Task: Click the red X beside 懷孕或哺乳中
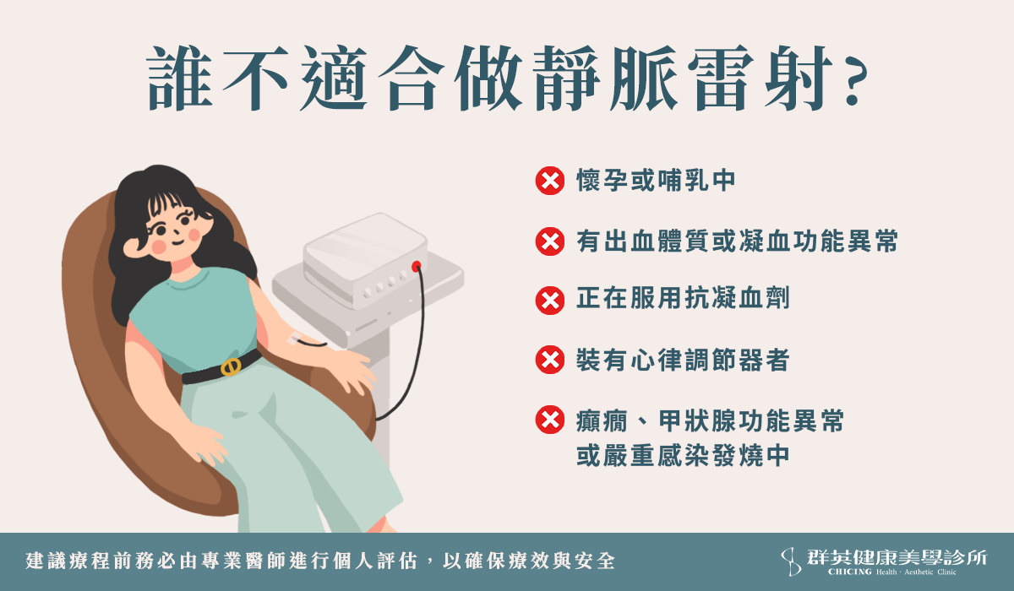click(x=549, y=181)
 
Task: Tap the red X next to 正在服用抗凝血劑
click(x=549, y=301)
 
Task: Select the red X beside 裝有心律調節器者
click(x=549, y=360)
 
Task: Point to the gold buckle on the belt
click(x=231, y=366)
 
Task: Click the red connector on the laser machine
click(x=417, y=266)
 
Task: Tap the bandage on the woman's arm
click(x=294, y=339)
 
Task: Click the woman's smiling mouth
click(x=177, y=243)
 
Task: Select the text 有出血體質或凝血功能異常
click(x=737, y=241)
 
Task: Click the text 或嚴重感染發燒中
click(x=683, y=455)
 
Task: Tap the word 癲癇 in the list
click(x=602, y=421)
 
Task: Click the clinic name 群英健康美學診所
click(x=897, y=557)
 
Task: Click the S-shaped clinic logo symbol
click(x=791, y=561)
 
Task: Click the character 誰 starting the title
click(x=180, y=79)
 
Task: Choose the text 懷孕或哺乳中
click(x=656, y=181)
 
